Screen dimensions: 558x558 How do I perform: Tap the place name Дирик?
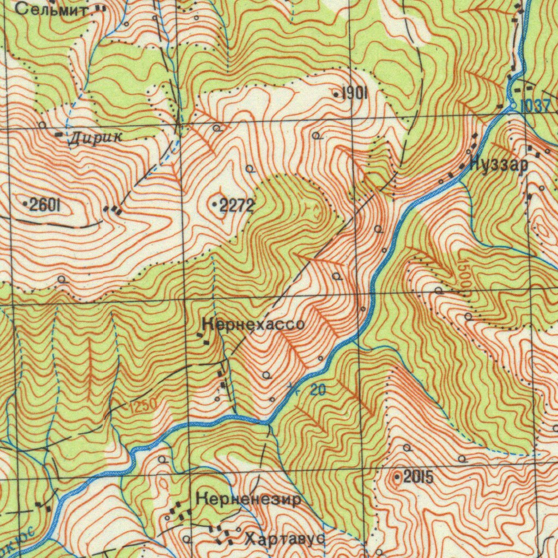pos(96,138)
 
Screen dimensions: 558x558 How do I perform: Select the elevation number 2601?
pos(45,205)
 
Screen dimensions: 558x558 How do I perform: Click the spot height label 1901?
pos(355,94)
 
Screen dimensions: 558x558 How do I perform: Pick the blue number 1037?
pos(535,106)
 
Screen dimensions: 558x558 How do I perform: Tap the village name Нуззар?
pos(498,164)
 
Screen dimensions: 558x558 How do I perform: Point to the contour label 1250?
pos(143,405)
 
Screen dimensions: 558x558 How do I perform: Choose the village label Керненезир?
pos(248,499)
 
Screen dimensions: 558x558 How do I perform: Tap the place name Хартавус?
pos(285,539)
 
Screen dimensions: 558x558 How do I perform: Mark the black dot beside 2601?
pos(26,204)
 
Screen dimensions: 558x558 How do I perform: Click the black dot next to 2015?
pos(397,478)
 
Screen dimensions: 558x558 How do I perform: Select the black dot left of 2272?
pos(215,205)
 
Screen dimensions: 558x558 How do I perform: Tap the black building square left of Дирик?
pos(59,134)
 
